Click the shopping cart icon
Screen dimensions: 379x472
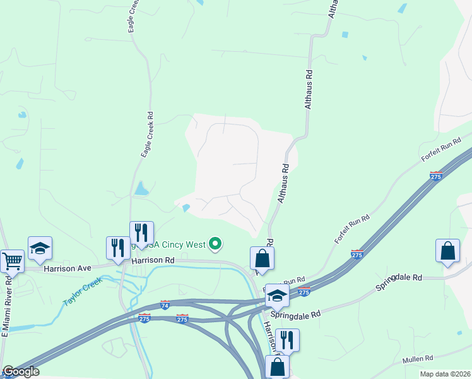click(11, 260)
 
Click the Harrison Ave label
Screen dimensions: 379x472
click(67, 268)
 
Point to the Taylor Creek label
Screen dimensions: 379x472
click(82, 292)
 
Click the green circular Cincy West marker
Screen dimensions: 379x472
click(216, 243)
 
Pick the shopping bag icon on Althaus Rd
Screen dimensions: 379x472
click(263, 258)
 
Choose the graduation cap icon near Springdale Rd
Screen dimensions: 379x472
click(277, 295)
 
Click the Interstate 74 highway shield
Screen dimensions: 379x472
click(165, 305)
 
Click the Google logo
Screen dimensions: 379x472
click(20, 371)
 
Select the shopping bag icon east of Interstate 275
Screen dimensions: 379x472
click(447, 250)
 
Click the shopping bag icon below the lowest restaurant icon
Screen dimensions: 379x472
click(278, 366)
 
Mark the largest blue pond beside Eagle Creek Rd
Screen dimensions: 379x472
click(141, 188)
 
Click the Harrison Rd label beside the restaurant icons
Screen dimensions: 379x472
click(152, 260)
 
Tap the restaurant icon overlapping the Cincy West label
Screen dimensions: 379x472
click(141, 232)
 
